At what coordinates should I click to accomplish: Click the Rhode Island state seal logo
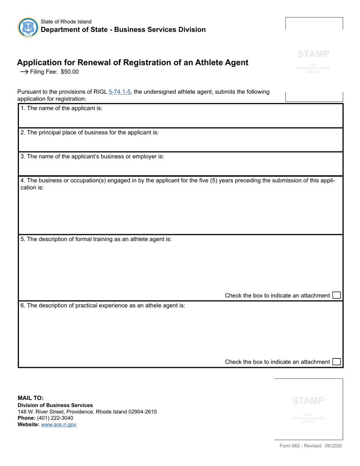[28, 27]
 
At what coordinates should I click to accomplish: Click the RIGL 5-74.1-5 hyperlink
[120, 92]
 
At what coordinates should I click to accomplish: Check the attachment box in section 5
[336, 295]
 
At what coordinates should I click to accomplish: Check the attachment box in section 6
[336, 362]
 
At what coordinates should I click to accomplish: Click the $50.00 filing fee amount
[70, 72]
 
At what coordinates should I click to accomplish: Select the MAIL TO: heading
[30, 398]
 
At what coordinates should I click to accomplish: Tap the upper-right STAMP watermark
[313, 54]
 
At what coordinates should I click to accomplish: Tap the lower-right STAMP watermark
[308, 400]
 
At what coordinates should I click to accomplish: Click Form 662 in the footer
[290, 446]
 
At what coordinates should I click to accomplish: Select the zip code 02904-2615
[142, 411]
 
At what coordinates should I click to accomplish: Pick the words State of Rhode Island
[66, 22]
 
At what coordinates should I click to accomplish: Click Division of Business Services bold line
[55, 405]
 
